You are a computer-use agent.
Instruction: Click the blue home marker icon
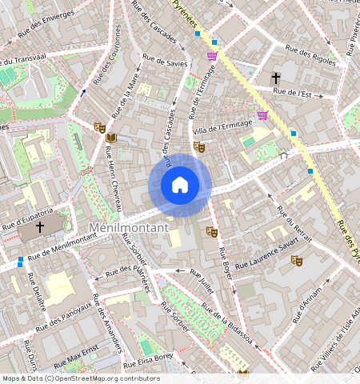(180, 185)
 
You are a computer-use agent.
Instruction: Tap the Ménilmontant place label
(128, 228)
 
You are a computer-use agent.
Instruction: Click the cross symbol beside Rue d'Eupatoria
(40, 227)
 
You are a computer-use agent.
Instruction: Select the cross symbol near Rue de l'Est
(276, 78)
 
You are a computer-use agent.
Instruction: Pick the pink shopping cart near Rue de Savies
(212, 55)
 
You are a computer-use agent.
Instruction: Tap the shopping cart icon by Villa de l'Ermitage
(262, 115)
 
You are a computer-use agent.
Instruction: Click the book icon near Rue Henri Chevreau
(111, 138)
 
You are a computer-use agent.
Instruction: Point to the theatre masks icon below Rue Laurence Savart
(296, 260)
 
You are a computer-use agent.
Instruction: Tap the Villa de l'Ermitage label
(222, 126)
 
